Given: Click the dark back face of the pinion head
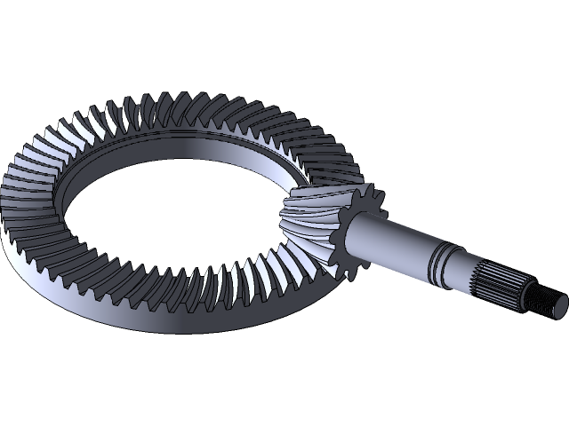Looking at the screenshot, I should [356, 229].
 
